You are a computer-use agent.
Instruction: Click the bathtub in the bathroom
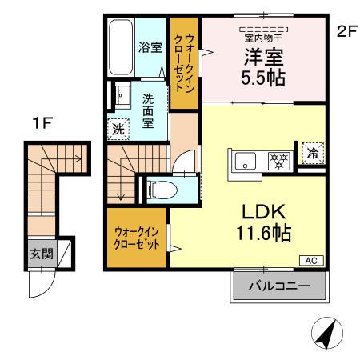click(122, 47)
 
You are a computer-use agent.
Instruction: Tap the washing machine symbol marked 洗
click(118, 128)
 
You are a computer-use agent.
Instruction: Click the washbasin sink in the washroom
click(123, 97)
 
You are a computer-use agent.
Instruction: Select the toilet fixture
click(160, 189)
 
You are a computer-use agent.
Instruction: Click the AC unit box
click(312, 259)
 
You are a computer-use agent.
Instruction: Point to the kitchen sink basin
click(243, 158)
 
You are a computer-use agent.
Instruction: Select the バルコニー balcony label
click(279, 285)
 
